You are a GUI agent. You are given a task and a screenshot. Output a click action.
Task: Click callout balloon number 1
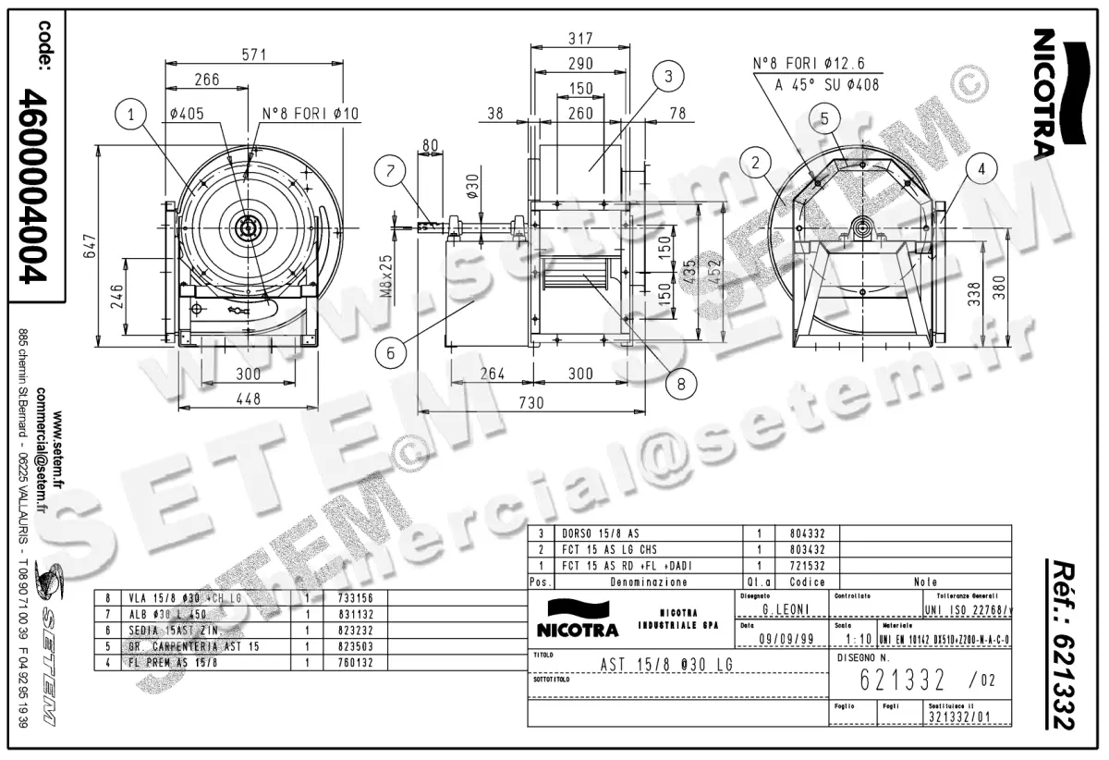[132, 115]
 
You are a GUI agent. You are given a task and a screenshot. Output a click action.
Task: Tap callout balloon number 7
[391, 170]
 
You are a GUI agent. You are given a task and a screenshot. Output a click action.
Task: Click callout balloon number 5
[824, 117]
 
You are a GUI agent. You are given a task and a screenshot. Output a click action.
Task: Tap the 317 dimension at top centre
[579, 39]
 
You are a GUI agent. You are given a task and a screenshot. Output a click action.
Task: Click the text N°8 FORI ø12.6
[809, 64]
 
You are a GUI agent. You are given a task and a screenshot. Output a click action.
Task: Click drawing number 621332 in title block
[901, 681]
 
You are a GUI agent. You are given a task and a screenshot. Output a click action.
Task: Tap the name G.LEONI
[782, 610]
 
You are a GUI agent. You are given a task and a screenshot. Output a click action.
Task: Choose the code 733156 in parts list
[351, 599]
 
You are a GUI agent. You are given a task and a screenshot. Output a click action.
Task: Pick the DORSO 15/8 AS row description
[601, 533]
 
